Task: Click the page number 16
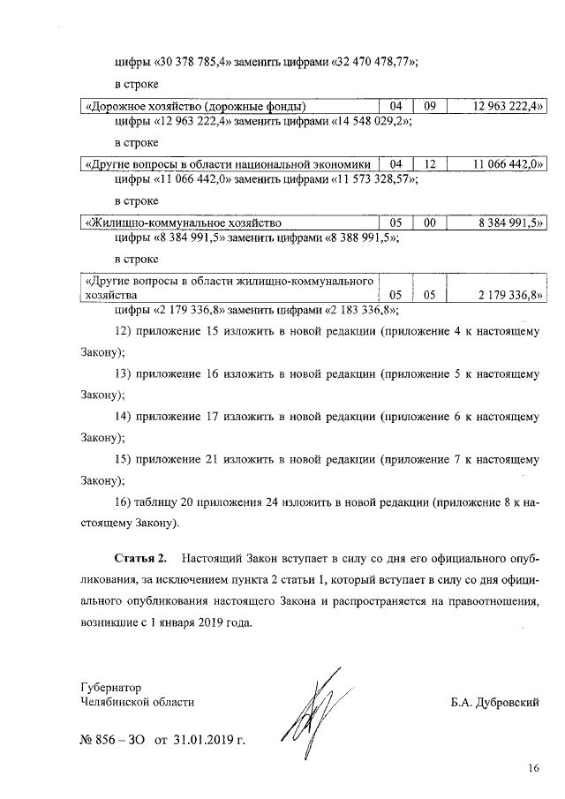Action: pyautogui.click(x=533, y=768)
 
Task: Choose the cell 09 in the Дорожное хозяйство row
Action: pyautogui.click(x=430, y=107)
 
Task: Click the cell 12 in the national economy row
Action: pyautogui.click(x=430, y=164)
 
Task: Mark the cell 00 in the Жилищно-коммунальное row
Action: pyautogui.click(x=430, y=222)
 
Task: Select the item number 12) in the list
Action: pyautogui.click(x=124, y=330)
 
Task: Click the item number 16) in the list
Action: pyautogui.click(x=124, y=501)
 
